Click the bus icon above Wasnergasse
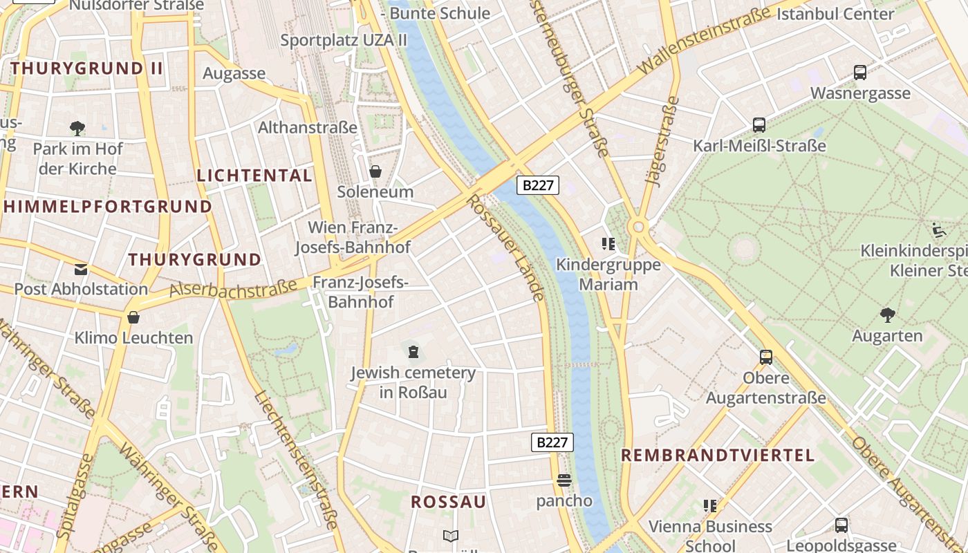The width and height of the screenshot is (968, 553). tap(860, 72)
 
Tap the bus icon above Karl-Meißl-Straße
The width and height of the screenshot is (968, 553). tap(759, 125)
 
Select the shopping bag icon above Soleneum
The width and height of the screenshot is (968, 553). tap(375, 171)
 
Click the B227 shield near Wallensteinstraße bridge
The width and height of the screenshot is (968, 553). tap(538, 185)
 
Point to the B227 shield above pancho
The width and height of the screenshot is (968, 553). tap(552, 442)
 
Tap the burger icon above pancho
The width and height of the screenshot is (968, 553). tap(564, 480)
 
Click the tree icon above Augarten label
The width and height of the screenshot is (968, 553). tap(887, 315)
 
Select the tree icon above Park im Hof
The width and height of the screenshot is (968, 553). tap(77, 128)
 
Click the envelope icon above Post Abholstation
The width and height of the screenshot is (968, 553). tap(81, 269)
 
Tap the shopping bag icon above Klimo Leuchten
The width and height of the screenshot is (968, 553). tap(133, 317)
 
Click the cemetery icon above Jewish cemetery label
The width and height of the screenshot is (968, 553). tap(413, 352)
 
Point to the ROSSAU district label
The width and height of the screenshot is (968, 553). tap(449, 502)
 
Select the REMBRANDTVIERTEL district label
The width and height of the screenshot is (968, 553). tap(718, 455)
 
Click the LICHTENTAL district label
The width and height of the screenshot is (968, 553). tap(254, 176)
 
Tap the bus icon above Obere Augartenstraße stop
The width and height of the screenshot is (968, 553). tap(766, 357)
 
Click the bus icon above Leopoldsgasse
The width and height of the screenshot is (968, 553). tap(841, 525)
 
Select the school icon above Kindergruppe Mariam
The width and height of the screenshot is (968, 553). tap(608, 243)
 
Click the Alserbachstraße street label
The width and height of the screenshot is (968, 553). tap(228, 288)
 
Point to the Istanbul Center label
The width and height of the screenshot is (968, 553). tap(835, 13)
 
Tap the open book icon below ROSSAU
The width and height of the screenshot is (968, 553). tap(450, 536)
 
